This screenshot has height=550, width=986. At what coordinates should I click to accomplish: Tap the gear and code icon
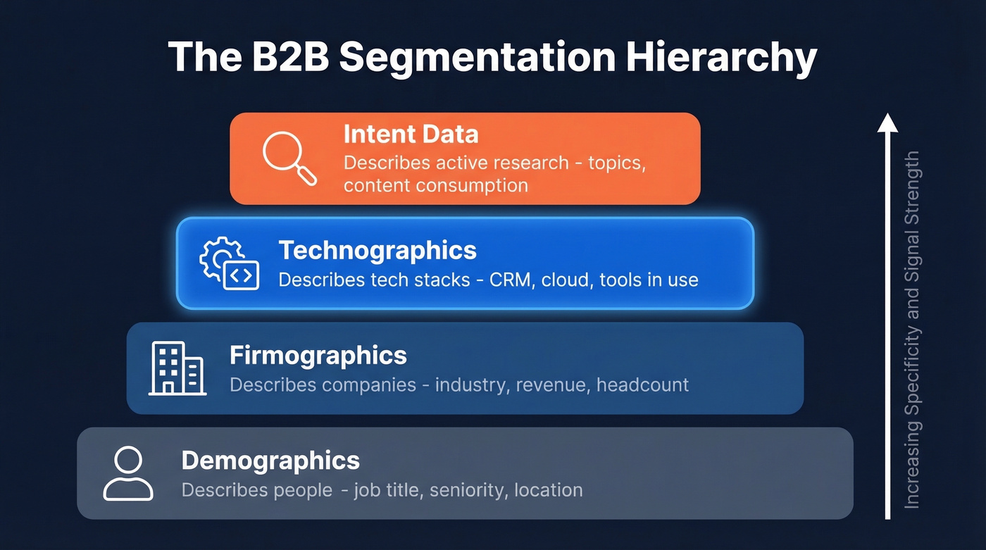(229, 264)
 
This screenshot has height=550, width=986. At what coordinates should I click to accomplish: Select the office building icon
(177, 368)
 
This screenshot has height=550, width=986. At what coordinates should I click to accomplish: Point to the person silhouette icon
(127, 474)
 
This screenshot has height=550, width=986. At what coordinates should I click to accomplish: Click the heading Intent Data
(411, 134)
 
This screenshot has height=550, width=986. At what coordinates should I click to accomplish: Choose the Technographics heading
(377, 250)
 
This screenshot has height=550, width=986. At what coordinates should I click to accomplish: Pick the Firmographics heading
(318, 355)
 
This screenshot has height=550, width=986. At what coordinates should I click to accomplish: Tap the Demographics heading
(270, 461)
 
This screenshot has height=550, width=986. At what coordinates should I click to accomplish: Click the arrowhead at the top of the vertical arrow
(887, 123)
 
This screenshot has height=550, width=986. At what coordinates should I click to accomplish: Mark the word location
(549, 490)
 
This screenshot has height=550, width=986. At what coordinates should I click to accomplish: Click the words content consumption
(436, 185)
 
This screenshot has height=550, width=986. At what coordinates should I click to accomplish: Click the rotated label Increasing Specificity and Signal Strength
(912, 330)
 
